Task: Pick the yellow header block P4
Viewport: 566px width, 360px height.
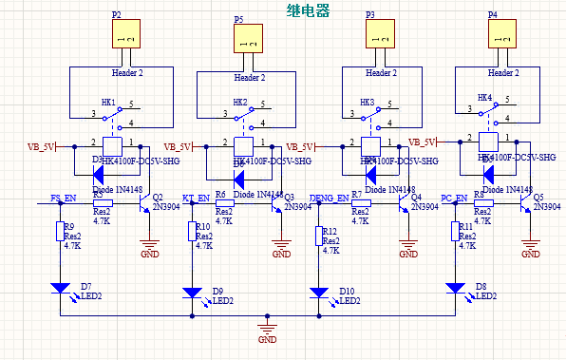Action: [503, 35]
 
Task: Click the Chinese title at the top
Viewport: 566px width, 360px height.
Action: [307, 10]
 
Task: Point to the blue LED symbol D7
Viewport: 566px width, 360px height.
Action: [61, 286]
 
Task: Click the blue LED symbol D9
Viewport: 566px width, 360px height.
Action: [191, 293]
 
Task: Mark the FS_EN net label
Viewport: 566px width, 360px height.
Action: [65, 199]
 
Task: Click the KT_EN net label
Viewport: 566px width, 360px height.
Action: [195, 199]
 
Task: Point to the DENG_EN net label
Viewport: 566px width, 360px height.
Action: [330, 199]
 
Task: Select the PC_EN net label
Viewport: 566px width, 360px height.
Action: [454, 199]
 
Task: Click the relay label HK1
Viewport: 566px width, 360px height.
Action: [108, 102]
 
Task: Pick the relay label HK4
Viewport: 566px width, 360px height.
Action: [484, 98]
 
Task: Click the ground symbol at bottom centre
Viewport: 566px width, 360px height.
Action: [268, 332]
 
